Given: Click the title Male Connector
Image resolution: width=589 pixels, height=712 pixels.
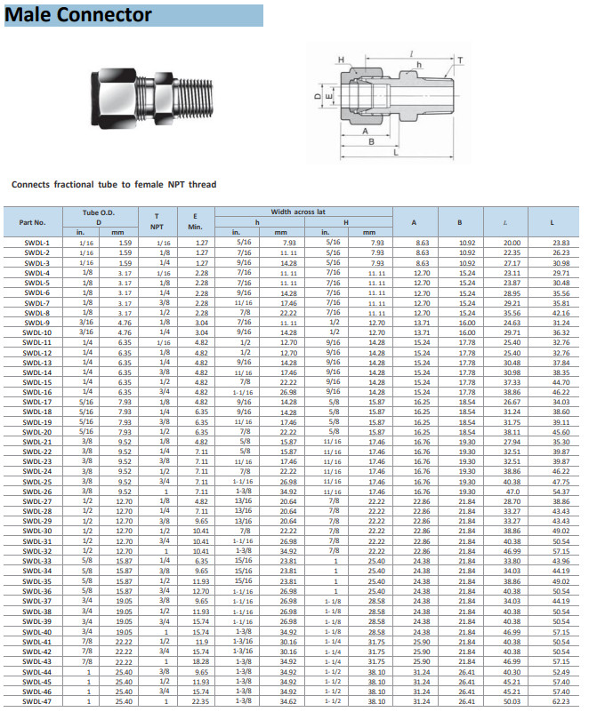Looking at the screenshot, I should click(x=79, y=15).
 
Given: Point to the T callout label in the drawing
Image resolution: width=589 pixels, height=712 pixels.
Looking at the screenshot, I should click(x=460, y=60).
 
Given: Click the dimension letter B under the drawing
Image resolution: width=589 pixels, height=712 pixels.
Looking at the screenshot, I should click(x=370, y=141).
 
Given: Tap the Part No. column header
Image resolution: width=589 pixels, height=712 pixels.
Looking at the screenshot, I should click(x=32, y=222).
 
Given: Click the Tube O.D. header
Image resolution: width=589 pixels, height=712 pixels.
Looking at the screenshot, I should click(x=99, y=213).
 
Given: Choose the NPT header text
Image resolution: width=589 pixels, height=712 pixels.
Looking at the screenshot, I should click(x=157, y=227).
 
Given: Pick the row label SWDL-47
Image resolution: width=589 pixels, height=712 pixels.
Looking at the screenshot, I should click(x=36, y=701).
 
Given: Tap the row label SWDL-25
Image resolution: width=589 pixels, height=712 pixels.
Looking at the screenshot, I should click(x=36, y=482).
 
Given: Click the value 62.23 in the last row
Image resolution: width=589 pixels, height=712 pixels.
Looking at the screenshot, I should click(x=561, y=701).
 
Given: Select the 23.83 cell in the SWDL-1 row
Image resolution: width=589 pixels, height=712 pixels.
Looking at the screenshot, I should click(x=561, y=243).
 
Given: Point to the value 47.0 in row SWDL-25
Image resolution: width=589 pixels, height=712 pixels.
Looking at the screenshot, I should click(x=513, y=482).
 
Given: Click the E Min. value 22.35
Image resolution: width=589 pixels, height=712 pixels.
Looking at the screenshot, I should click(x=202, y=701).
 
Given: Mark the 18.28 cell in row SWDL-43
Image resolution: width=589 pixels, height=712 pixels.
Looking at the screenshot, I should click(x=202, y=661).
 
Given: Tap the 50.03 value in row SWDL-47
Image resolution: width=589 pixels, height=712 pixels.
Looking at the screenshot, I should click(x=512, y=701).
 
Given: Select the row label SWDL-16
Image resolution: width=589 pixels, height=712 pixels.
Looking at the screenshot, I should click(x=36, y=392).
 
